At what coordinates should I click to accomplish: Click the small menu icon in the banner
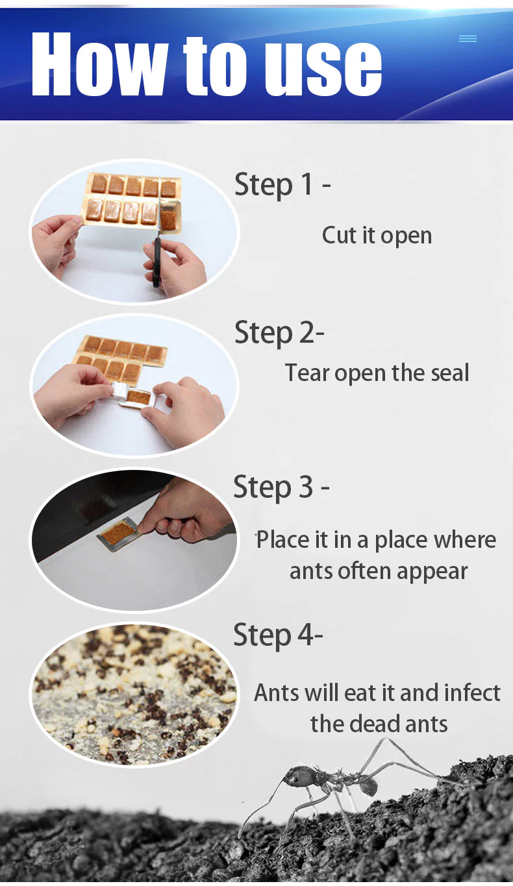468,39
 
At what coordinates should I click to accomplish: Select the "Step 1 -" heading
282,184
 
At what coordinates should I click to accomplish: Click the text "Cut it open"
377,235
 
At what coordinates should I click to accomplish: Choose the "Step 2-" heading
279,332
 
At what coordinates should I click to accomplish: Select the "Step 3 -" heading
281,487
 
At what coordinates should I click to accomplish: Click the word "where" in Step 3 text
464,539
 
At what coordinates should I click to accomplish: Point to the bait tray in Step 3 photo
119,531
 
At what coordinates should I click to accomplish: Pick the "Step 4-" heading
278,634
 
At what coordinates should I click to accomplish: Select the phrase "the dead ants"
379,723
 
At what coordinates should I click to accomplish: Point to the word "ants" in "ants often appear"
310,571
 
